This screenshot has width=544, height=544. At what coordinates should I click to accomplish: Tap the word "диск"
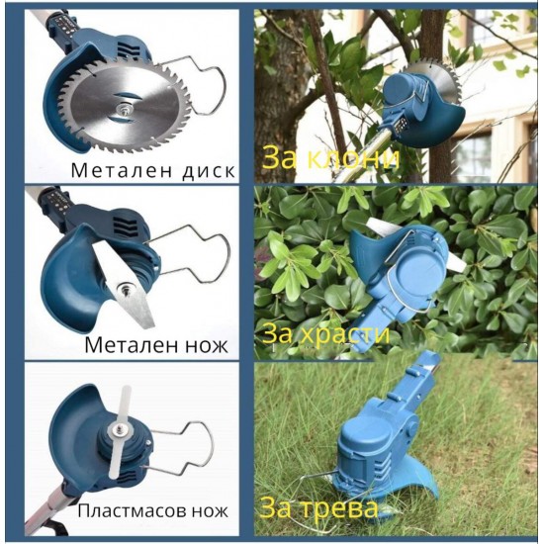click(209, 171)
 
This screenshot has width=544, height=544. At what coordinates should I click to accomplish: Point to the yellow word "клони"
click(353, 158)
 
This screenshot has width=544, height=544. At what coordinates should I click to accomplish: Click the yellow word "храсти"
click(344, 334)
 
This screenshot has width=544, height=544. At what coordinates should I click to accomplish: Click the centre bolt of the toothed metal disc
click(122, 110)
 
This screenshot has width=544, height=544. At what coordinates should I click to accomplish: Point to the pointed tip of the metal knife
click(151, 325)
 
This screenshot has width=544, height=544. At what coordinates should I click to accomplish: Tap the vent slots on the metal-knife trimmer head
click(124, 227)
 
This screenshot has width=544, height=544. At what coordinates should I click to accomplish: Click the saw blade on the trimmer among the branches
click(437, 82)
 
